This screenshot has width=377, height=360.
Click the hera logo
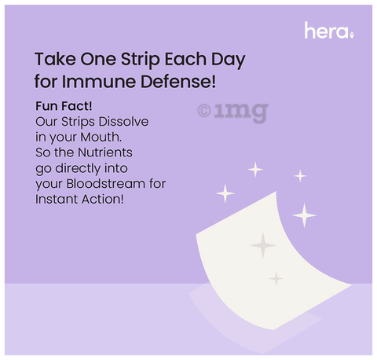point(329,31)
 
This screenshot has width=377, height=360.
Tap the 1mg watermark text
point(241,112)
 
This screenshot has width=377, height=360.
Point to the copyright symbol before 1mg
point(204,111)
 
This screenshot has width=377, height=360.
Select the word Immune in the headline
point(100,82)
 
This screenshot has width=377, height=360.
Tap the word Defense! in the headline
point(178,82)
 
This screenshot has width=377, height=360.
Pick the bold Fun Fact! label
point(64,106)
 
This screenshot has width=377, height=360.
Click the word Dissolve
point(123,122)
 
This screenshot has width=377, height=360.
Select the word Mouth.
point(101,137)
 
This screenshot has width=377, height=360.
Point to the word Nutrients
point(105,152)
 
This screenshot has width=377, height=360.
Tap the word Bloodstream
point(105,184)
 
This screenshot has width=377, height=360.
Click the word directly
point(79,168)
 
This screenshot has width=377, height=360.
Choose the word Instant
point(57,199)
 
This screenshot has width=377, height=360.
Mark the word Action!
point(102,199)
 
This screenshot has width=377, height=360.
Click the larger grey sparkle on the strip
point(263,245)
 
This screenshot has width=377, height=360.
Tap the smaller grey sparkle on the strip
point(276,278)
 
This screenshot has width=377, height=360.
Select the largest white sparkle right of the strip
point(304,215)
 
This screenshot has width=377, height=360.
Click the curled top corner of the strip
point(276,192)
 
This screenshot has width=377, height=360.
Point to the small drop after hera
point(352,35)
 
